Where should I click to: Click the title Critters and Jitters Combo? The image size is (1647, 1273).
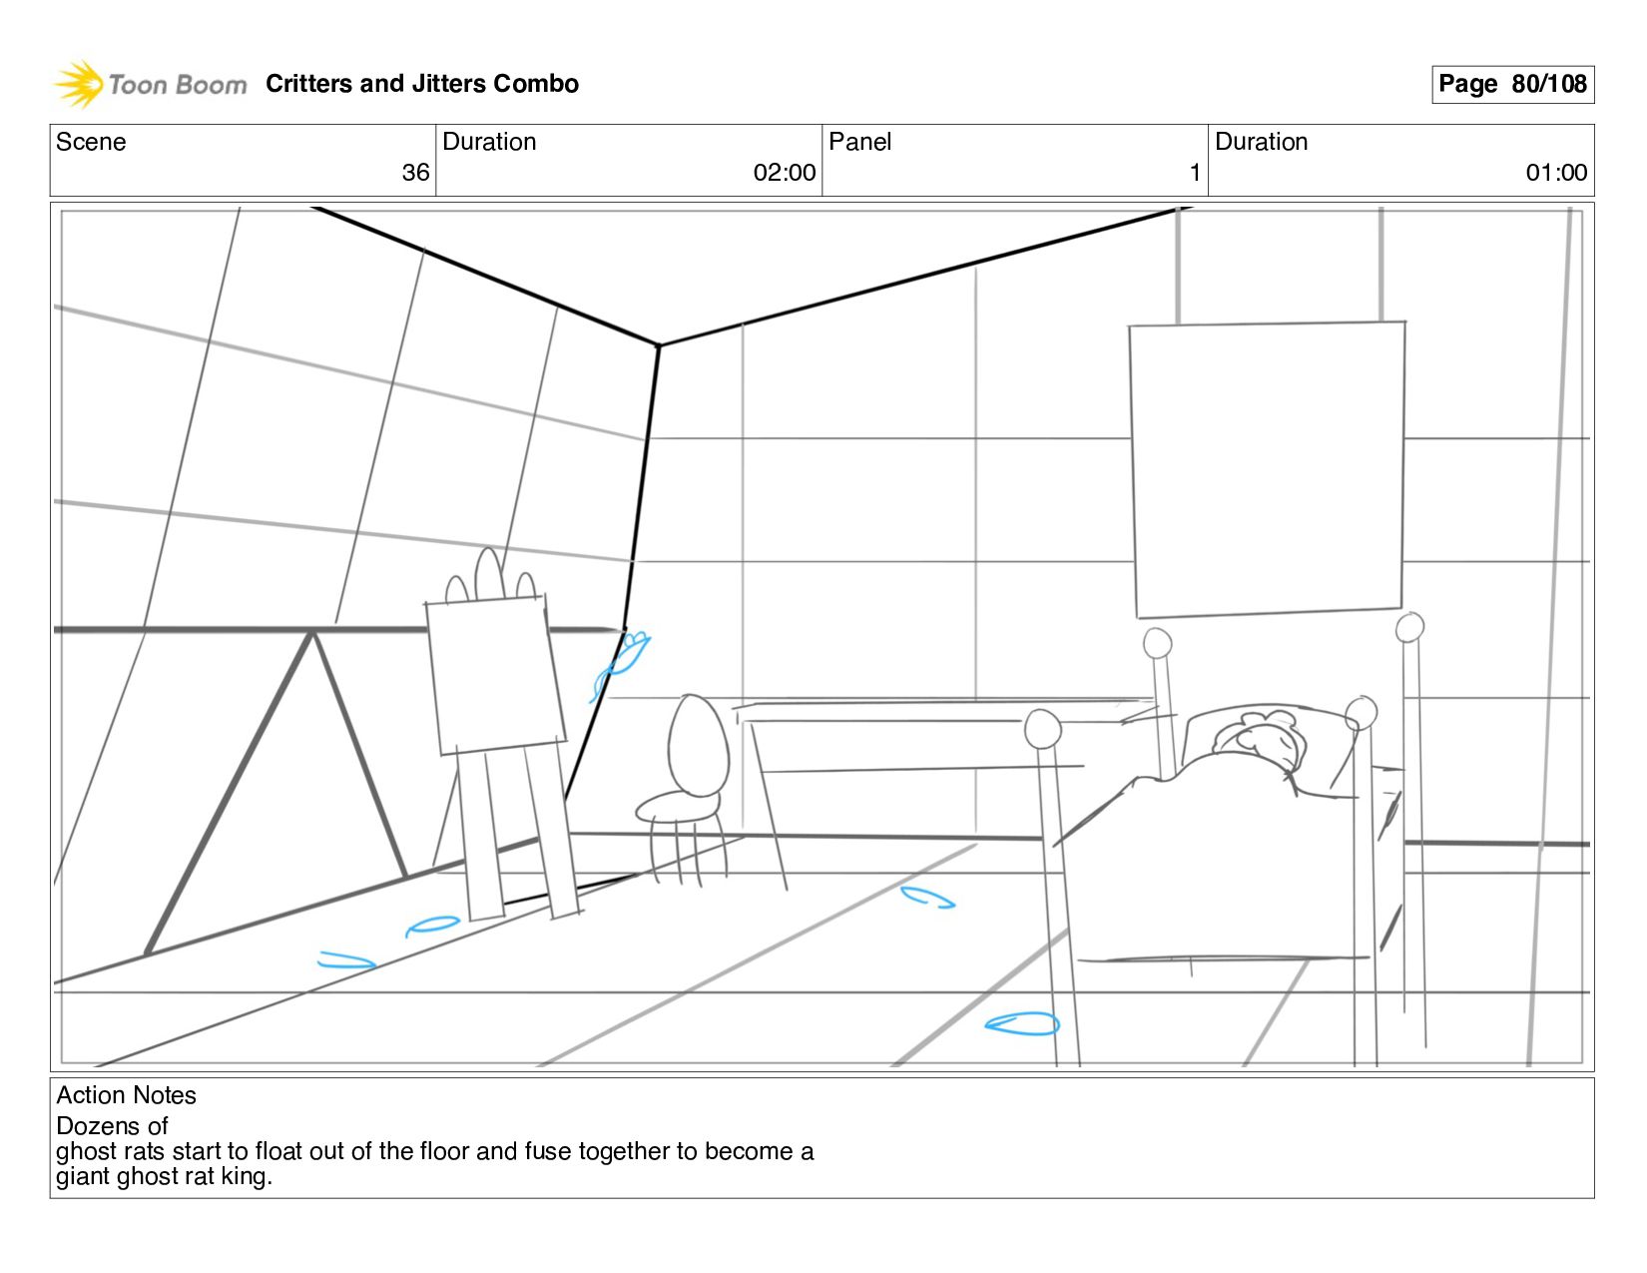(x=421, y=84)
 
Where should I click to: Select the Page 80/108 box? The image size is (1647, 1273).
(x=1512, y=84)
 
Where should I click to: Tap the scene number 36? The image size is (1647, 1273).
(x=415, y=173)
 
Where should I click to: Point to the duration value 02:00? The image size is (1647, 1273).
(x=784, y=173)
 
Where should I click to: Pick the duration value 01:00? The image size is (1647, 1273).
(x=1555, y=173)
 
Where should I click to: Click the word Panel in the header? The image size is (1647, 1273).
(x=859, y=142)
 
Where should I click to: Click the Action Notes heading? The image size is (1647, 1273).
(x=126, y=1095)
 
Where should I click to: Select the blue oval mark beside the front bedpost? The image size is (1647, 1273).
(x=1021, y=1023)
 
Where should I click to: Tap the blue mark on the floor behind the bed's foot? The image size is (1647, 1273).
(x=927, y=898)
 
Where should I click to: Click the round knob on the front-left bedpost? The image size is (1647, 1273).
(x=1042, y=729)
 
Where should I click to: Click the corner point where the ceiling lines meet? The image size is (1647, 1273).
(x=659, y=345)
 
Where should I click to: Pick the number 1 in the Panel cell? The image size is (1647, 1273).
(x=1194, y=173)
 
